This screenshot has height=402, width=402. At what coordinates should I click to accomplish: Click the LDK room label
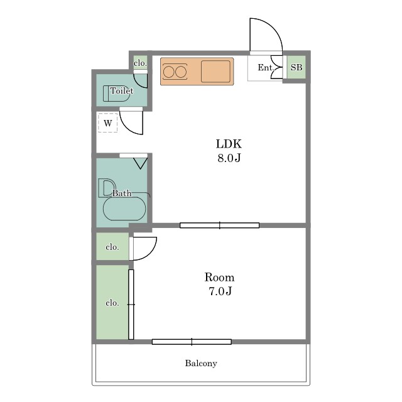tap(229, 144)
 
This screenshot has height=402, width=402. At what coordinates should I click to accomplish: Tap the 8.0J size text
tap(229, 158)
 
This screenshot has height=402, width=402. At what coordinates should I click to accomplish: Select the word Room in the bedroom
tap(219, 278)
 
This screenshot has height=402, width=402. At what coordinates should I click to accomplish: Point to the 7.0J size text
tap(220, 291)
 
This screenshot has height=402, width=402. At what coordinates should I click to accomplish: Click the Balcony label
tap(201, 363)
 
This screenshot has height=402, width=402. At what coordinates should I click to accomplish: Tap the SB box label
tap(296, 67)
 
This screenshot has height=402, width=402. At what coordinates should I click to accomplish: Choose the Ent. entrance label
tap(266, 67)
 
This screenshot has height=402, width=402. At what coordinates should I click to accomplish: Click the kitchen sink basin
tap(215, 71)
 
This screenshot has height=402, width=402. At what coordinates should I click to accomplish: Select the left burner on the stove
tap(168, 72)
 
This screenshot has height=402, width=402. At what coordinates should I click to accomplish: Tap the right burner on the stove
tap(181, 72)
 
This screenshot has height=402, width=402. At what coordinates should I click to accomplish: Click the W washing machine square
tap(107, 123)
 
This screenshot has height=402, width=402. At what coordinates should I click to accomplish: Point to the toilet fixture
tap(117, 94)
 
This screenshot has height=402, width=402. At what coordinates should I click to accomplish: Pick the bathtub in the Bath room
tap(124, 209)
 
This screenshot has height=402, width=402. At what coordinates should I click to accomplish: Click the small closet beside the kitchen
tap(141, 63)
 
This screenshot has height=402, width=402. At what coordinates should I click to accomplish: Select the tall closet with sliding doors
tap(112, 302)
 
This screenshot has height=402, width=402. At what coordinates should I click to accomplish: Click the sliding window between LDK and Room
tap(219, 225)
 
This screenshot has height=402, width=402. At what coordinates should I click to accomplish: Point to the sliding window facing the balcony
tap(192, 342)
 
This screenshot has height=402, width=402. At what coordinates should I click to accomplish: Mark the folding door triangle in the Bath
tap(140, 163)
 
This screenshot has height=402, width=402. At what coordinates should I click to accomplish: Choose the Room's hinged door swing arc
tap(149, 254)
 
